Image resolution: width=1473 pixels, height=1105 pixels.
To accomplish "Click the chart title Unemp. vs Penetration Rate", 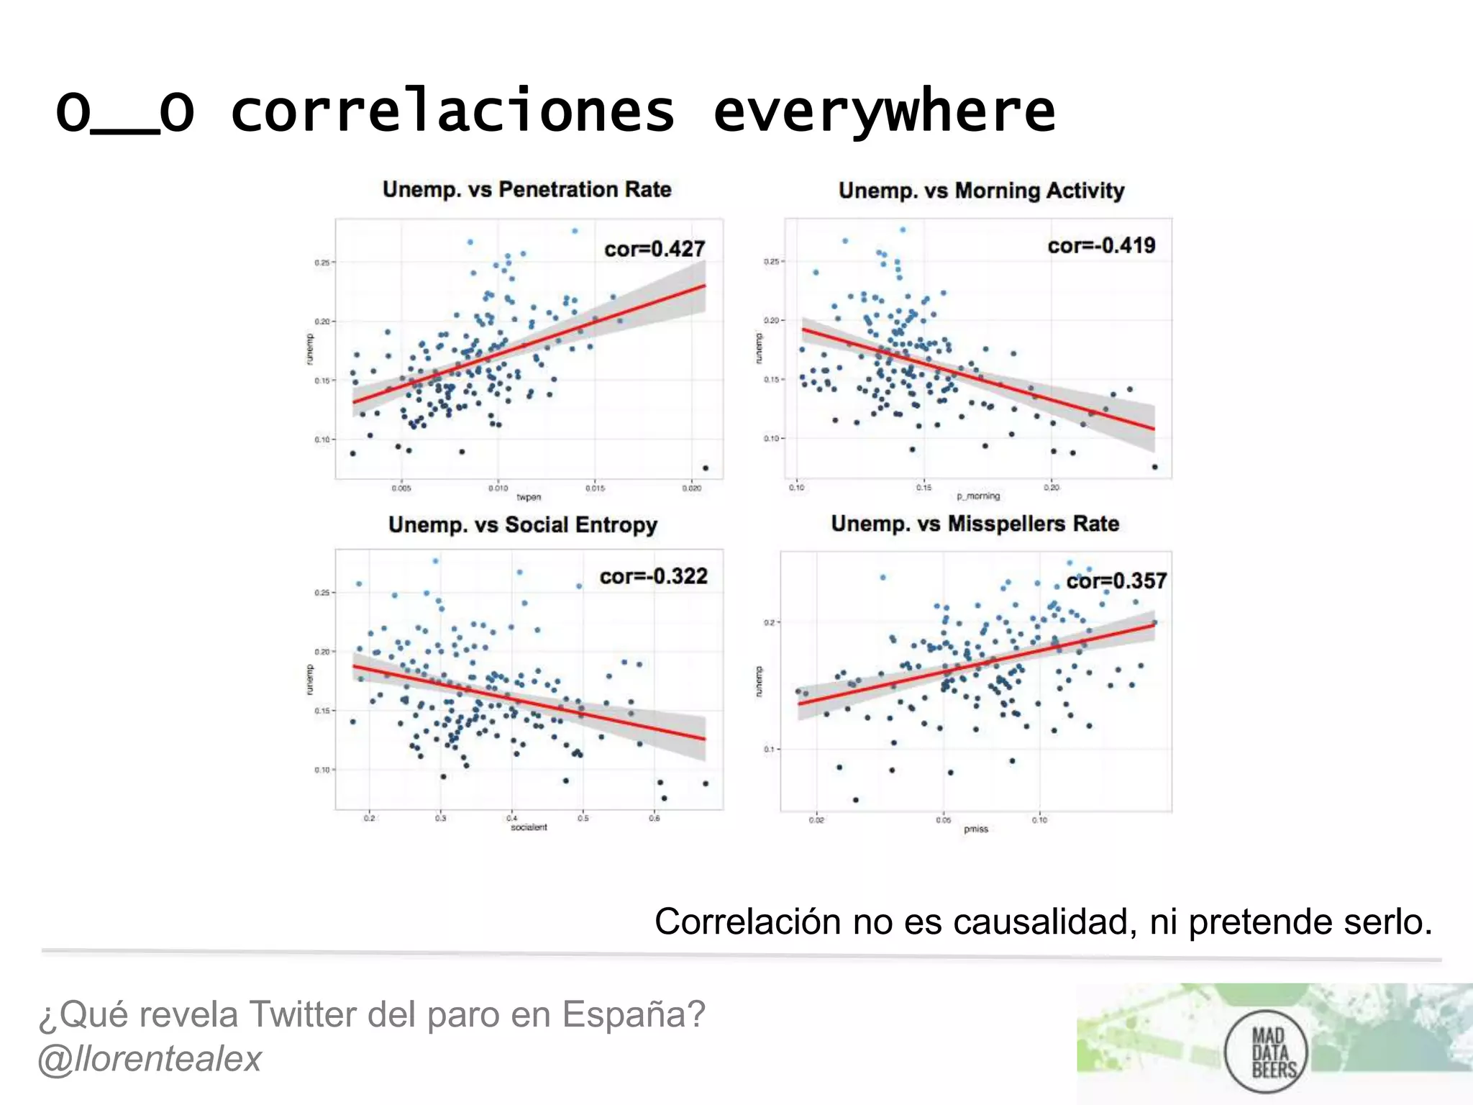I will coord(526,189).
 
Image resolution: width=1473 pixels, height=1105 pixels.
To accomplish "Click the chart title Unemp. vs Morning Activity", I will coord(981,191).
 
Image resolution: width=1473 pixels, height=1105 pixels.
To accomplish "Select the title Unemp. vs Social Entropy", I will coord(523,524).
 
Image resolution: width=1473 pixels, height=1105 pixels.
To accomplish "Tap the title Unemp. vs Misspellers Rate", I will coord(975,524).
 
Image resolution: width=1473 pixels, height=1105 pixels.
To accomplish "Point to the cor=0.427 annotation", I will coord(654,249).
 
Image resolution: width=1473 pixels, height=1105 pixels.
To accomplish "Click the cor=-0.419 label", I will coord(1101,245).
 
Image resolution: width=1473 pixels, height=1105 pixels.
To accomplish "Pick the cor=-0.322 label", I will coord(653,576).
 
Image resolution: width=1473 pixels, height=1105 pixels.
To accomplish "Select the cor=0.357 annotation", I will coord(1116,581).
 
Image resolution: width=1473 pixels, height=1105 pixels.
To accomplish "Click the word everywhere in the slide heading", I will coord(884,112).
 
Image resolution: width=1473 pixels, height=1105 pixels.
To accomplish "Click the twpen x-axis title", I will coord(529,497).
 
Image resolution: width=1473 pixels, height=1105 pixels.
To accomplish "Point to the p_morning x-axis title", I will coord(978,496).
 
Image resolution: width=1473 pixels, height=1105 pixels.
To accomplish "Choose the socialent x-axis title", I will coord(529,827).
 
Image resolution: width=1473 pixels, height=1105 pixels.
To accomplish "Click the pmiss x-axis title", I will coord(976,829).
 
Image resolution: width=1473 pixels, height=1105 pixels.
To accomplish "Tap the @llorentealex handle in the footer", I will coord(150,1059).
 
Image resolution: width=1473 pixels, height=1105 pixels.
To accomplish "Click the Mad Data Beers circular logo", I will coord(1266,1052).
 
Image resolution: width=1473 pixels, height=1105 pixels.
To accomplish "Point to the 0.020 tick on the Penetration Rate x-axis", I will coord(691,488).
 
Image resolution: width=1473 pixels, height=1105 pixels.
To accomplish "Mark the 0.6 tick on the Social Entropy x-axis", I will coord(655,818).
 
